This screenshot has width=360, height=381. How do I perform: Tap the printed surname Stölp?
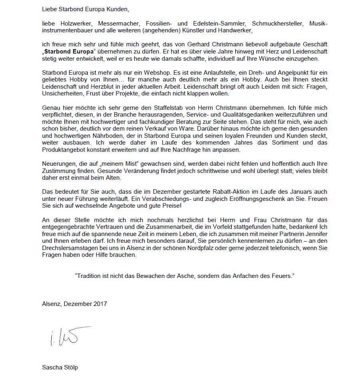70,367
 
